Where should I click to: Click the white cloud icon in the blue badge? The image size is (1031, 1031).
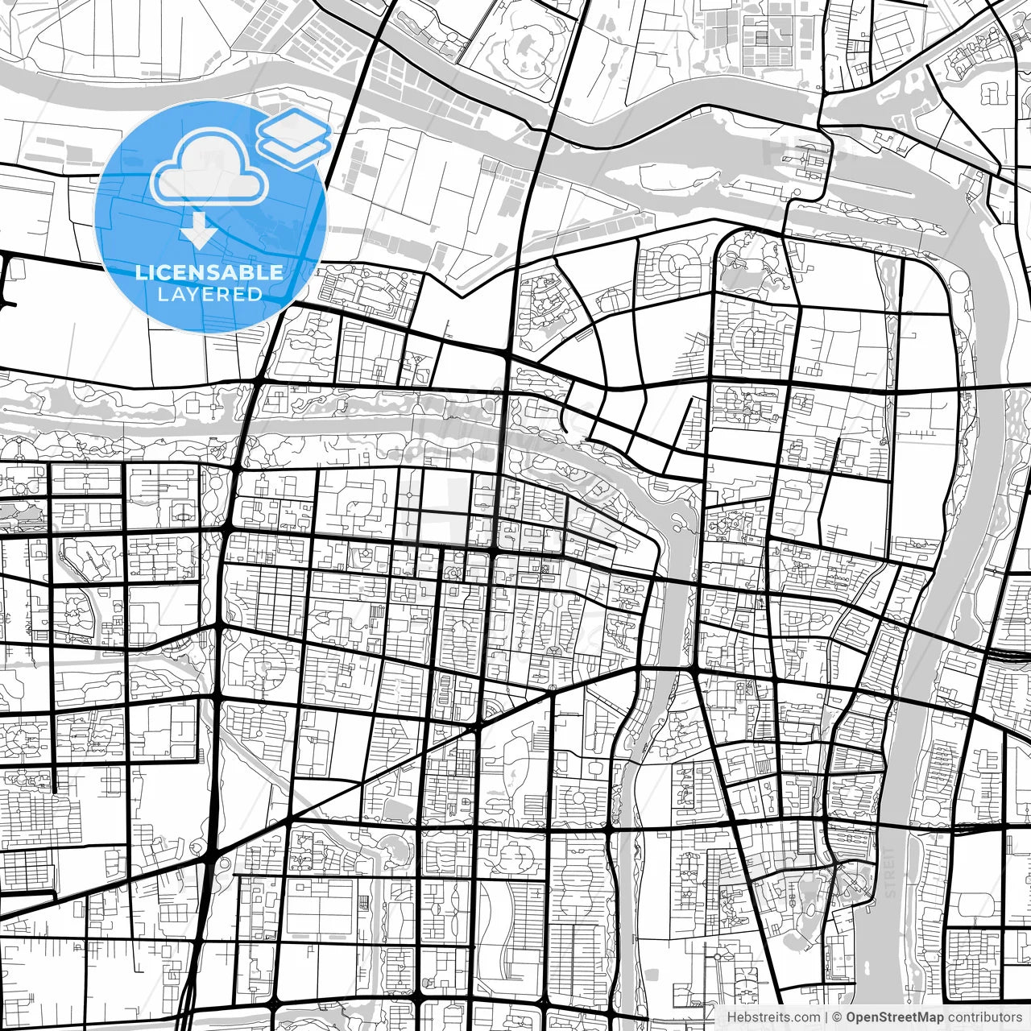[209, 171]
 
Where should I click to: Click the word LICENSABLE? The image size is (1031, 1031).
[209, 272]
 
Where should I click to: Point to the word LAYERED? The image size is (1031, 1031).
[209, 294]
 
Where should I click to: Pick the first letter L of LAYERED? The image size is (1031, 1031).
[162, 294]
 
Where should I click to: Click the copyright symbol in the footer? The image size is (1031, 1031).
[838, 1017]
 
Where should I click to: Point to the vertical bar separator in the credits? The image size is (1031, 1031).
[827, 1017]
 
